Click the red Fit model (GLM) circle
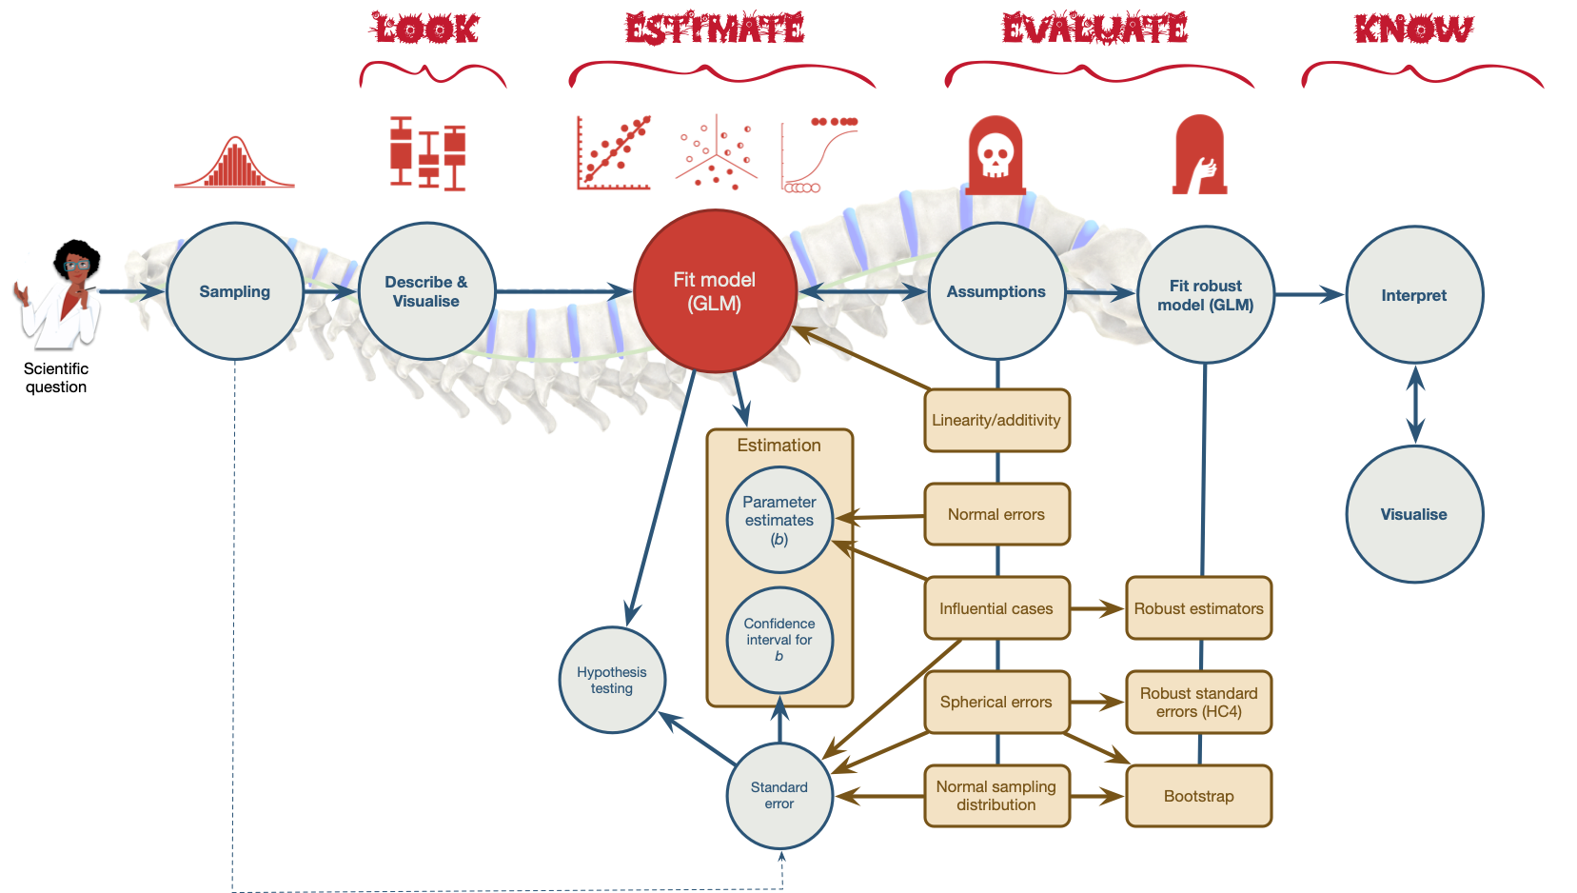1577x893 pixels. coord(715,291)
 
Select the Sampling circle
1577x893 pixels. coord(235,291)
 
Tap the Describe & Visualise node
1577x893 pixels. coord(426,291)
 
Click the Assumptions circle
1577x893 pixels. coord(996,291)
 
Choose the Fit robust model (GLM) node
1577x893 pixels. coord(1206,295)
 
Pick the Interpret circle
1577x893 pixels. coord(1414,295)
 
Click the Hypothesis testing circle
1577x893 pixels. coord(612,680)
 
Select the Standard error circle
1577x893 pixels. coord(779,795)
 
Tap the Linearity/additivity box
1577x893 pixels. coord(996,420)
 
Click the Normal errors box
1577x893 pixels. coord(996,514)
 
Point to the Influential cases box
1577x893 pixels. coord(996,608)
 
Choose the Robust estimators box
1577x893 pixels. coord(1198,608)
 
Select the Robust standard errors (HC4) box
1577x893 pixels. coord(1198,703)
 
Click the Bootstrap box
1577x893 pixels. coord(1198,796)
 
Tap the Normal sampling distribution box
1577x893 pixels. coord(996,796)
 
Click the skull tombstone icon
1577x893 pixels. coord(995,155)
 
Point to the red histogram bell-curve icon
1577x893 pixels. coord(235,164)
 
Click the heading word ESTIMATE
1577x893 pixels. coord(715,29)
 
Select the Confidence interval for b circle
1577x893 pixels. coord(779,640)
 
